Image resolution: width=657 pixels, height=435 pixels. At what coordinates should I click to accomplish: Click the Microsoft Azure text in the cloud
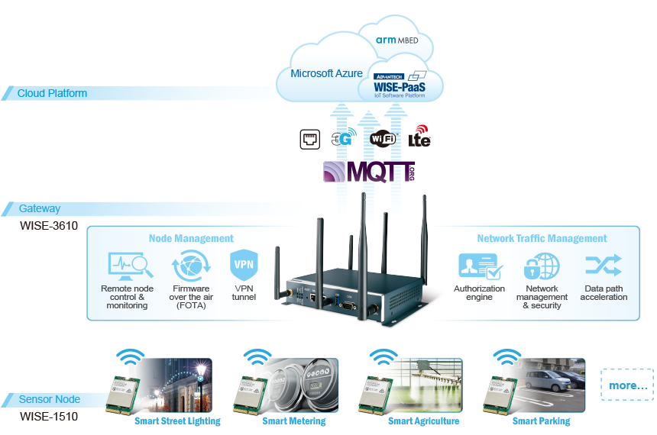(326, 74)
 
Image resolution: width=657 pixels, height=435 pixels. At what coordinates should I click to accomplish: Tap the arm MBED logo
(396, 40)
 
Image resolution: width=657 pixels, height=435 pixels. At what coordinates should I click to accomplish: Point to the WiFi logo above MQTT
(383, 139)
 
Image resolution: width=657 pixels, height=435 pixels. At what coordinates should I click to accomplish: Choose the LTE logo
(419, 137)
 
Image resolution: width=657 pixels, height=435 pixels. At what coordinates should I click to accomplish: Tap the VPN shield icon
(244, 266)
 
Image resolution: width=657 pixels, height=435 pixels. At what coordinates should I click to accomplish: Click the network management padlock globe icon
(542, 266)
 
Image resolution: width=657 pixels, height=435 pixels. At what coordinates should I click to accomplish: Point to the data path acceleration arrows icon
(604, 266)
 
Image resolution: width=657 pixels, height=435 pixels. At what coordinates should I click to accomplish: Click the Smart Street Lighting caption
(177, 421)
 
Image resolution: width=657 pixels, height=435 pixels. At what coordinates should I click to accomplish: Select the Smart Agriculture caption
(423, 421)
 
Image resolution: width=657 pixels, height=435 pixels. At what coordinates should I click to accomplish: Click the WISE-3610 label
(49, 226)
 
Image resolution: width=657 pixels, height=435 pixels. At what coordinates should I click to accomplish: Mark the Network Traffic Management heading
(542, 239)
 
